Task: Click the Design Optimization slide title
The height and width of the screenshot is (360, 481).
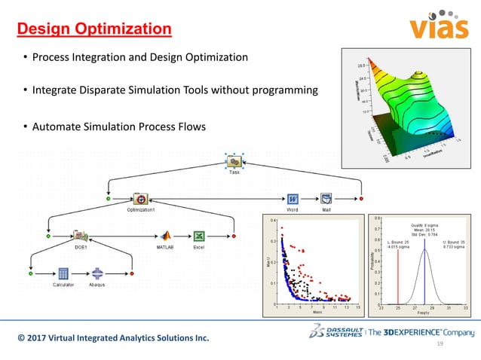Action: click(x=94, y=30)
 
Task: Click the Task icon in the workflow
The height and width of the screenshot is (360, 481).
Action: click(x=234, y=161)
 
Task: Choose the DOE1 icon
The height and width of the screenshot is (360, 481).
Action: click(x=81, y=236)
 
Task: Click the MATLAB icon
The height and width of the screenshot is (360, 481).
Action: click(x=164, y=236)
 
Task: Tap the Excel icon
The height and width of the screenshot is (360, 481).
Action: click(x=199, y=236)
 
